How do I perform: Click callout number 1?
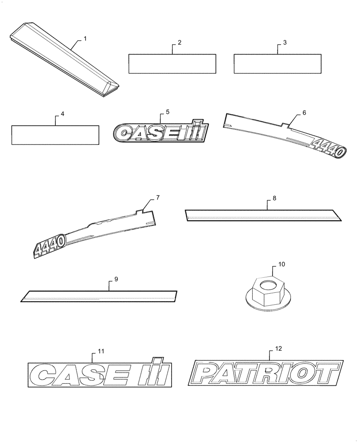coord(85,39)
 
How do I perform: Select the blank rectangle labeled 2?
coord(172,64)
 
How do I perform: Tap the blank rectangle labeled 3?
coord(278,64)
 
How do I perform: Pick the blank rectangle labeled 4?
coord(55,135)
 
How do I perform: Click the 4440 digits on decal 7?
coord(49,245)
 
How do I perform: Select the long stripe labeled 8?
coord(264,215)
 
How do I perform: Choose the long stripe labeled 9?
coord(99,296)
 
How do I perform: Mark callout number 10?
coord(282,264)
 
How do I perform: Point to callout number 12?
coord(278,349)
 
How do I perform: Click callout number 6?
coord(304,113)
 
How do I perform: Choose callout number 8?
coord(274,198)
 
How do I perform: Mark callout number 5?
coord(167,113)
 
